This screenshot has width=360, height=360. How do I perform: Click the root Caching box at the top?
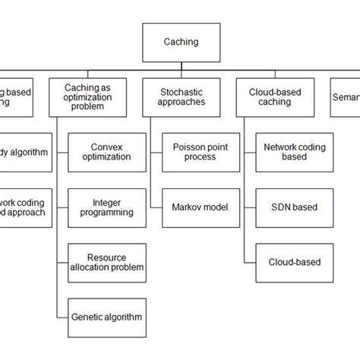[x=180, y=43]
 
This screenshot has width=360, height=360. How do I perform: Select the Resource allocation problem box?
[x=106, y=262]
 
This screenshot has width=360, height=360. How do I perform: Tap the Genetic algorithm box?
[x=106, y=317]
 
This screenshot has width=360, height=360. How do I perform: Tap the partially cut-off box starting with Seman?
[x=344, y=97]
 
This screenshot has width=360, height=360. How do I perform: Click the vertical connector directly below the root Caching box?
[x=180, y=68]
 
